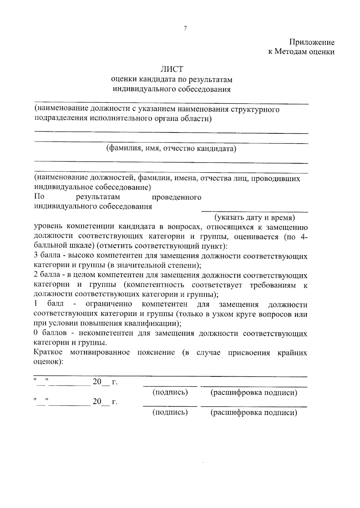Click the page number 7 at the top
pyautogui.click(x=185, y=28)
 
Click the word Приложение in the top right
pyautogui.click(x=312, y=42)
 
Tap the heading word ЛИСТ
pyautogui.click(x=172, y=69)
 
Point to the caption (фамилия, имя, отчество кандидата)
pyautogui.click(x=171, y=149)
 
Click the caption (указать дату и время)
pyautogui.click(x=254, y=217)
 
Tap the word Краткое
pyautogui.click(x=48, y=352)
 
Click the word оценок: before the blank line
pyautogui.click(x=48, y=362)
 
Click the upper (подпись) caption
pyautogui.click(x=170, y=393)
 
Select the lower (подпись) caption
pyautogui.click(x=170, y=413)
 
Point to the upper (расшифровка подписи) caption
pyautogui.click(x=254, y=393)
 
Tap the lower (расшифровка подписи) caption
pyautogui.click(x=254, y=413)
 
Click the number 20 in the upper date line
pyautogui.click(x=97, y=382)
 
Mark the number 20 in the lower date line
pyautogui.click(x=97, y=402)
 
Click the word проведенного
pyautogui.click(x=177, y=198)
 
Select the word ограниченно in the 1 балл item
pyautogui.click(x=109, y=305)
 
